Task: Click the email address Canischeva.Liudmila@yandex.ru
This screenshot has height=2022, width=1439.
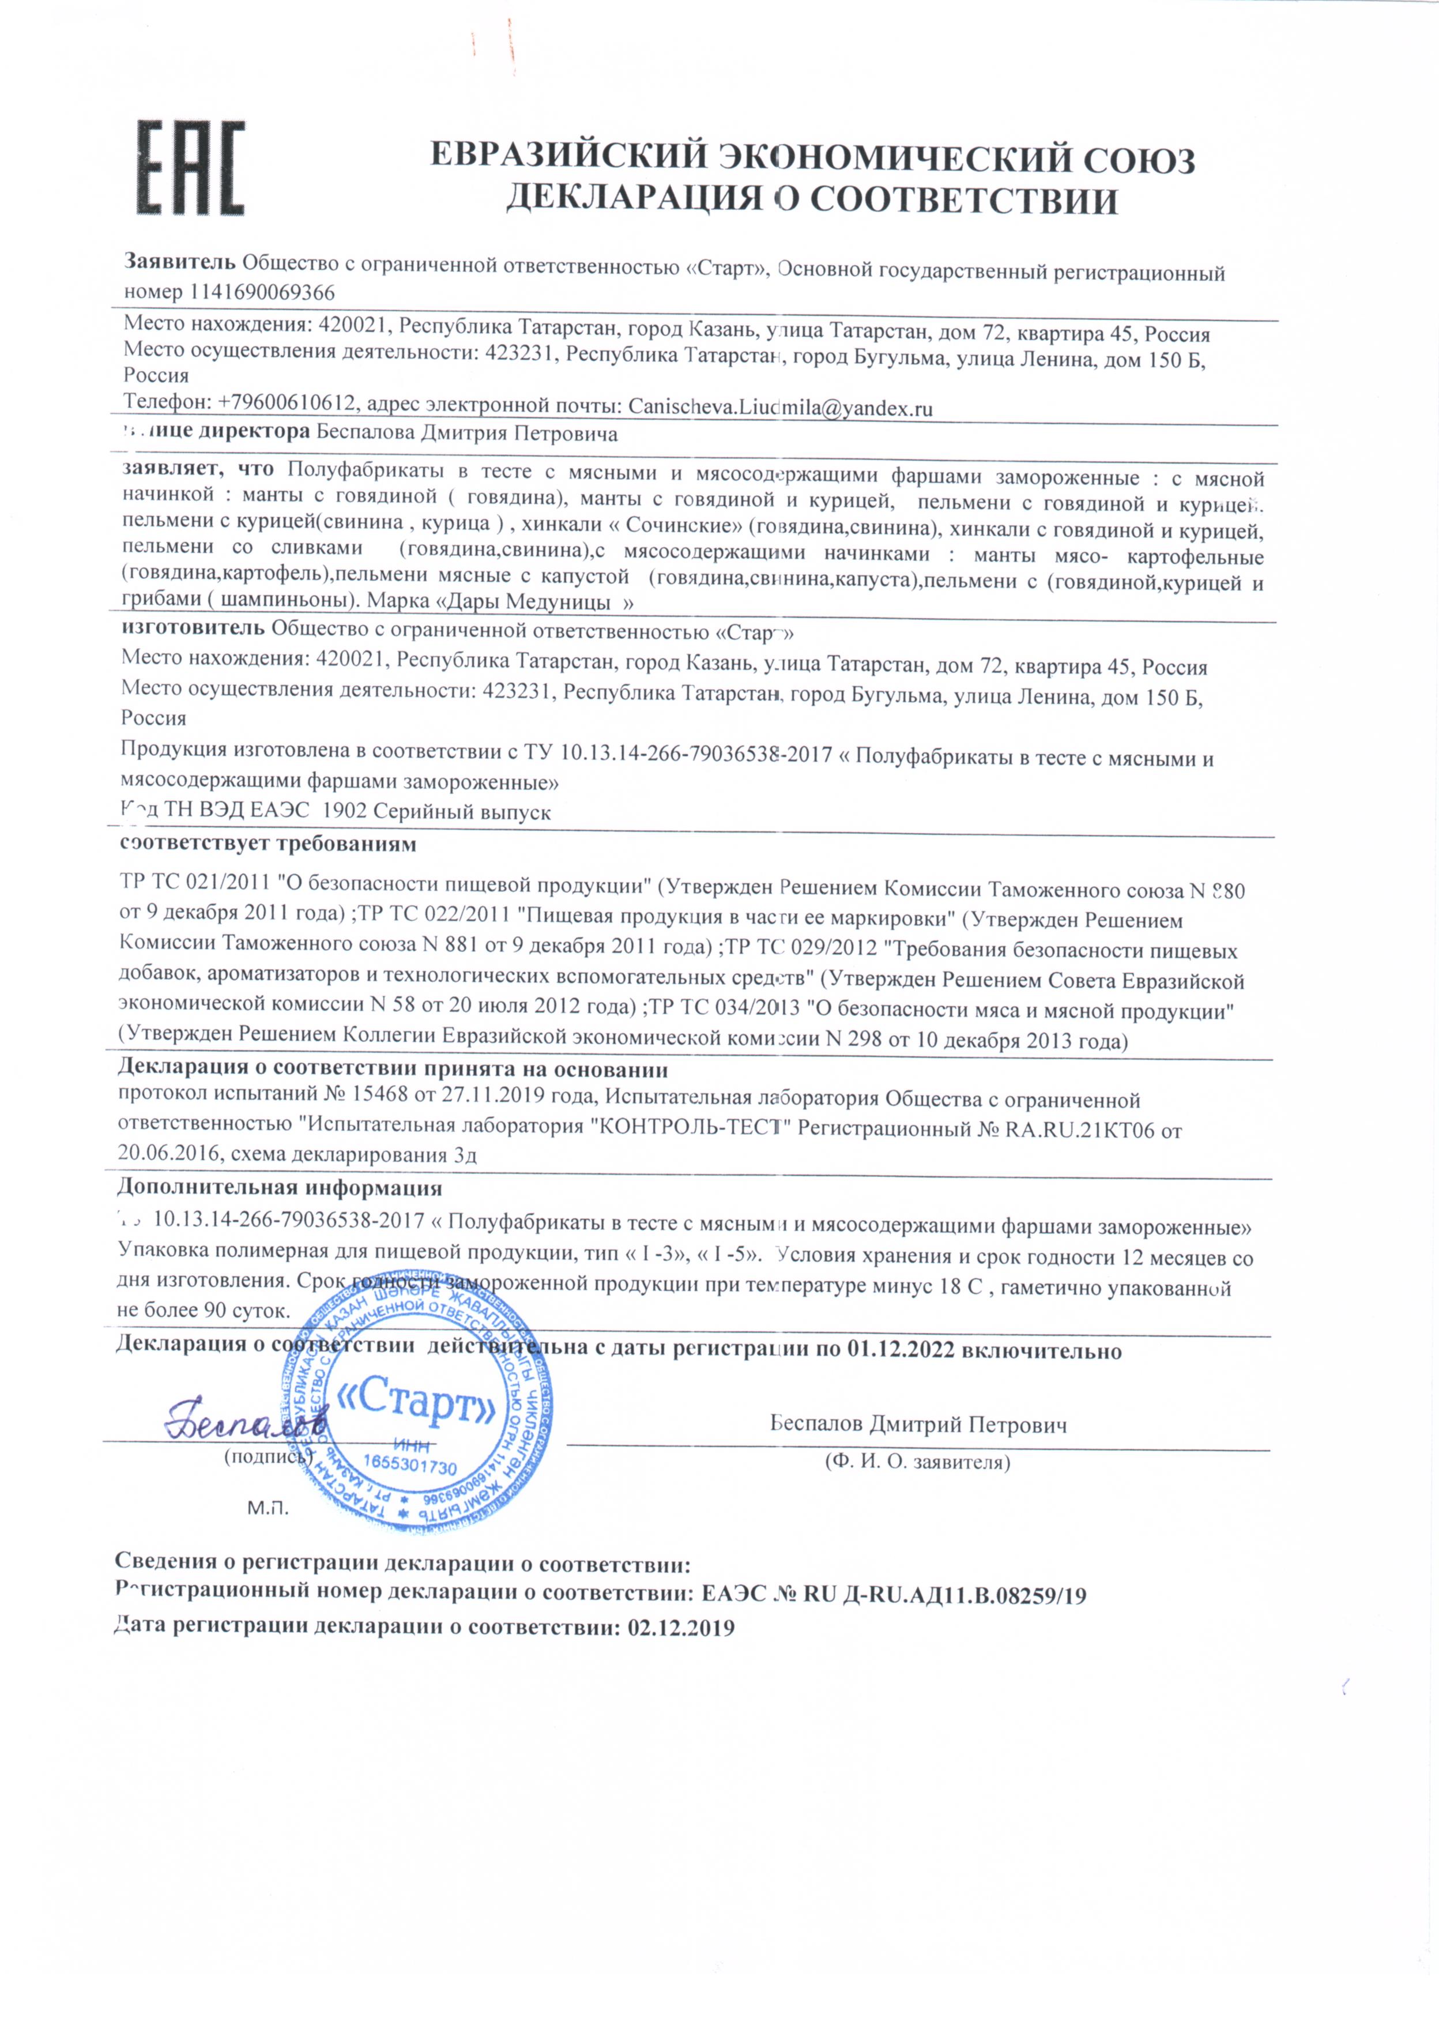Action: point(781,408)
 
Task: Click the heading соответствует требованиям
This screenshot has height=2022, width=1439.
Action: point(268,843)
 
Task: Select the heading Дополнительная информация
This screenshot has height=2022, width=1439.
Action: point(279,1187)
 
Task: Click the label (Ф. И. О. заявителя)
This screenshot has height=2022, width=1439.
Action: point(917,1461)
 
